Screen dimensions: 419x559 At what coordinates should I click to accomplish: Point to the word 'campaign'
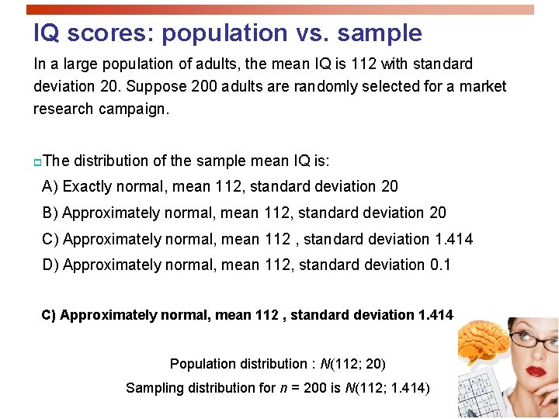[132, 109]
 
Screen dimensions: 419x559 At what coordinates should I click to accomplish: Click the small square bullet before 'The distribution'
[37, 162]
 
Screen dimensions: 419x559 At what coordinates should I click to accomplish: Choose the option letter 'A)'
[50, 186]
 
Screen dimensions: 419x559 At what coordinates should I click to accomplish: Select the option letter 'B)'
[50, 213]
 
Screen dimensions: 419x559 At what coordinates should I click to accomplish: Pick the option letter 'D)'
[50, 265]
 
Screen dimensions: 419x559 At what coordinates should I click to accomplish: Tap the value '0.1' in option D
[440, 265]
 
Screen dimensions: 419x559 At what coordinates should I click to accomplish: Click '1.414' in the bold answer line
[436, 315]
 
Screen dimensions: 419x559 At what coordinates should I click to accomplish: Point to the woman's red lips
[536, 370]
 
